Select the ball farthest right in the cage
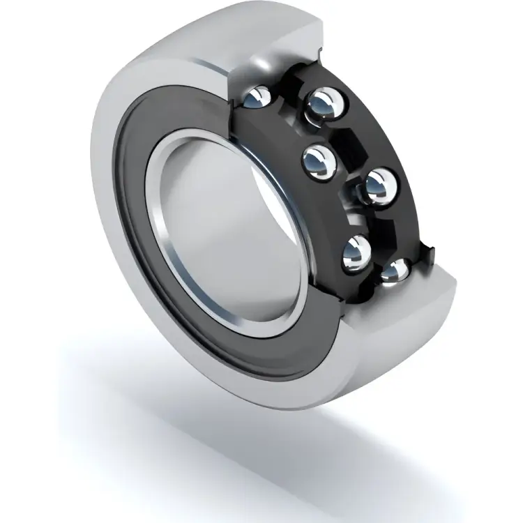click(x=380, y=185)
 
